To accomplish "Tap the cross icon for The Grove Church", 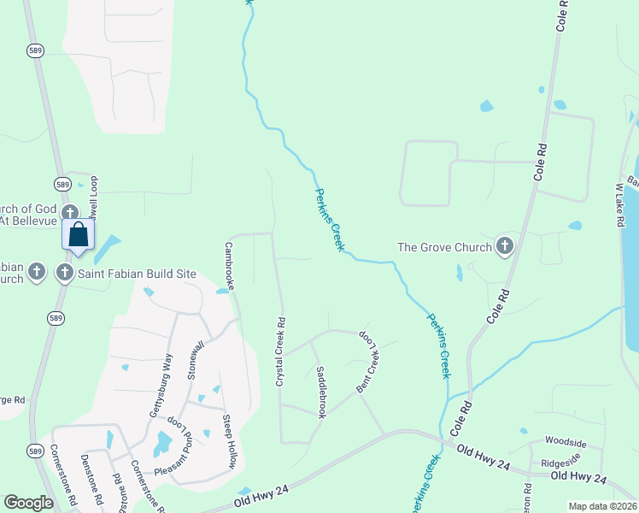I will pyautogui.click(x=504, y=247).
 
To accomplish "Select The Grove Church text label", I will pyautogui.click(x=444, y=248).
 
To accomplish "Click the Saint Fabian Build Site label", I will pyautogui.click(x=138, y=274).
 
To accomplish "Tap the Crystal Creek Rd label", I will pyautogui.click(x=280, y=351).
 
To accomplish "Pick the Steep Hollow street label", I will pyautogui.click(x=228, y=442).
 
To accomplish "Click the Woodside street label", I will pyautogui.click(x=566, y=444).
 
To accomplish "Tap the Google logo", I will pyautogui.click(x=28, y=503).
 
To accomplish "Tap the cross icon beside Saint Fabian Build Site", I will pyautogui.click(x=64, y=274).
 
